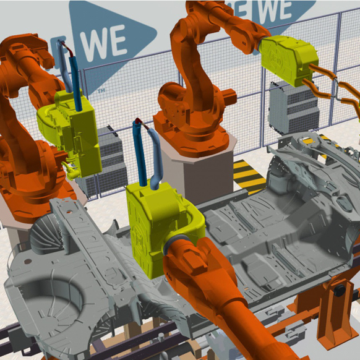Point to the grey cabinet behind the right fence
click(x=294, y=108)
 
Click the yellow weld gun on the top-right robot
click(x=289, y=60)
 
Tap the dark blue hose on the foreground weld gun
click(x=140, y=153)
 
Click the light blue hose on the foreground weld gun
click(x=156, y=158)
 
